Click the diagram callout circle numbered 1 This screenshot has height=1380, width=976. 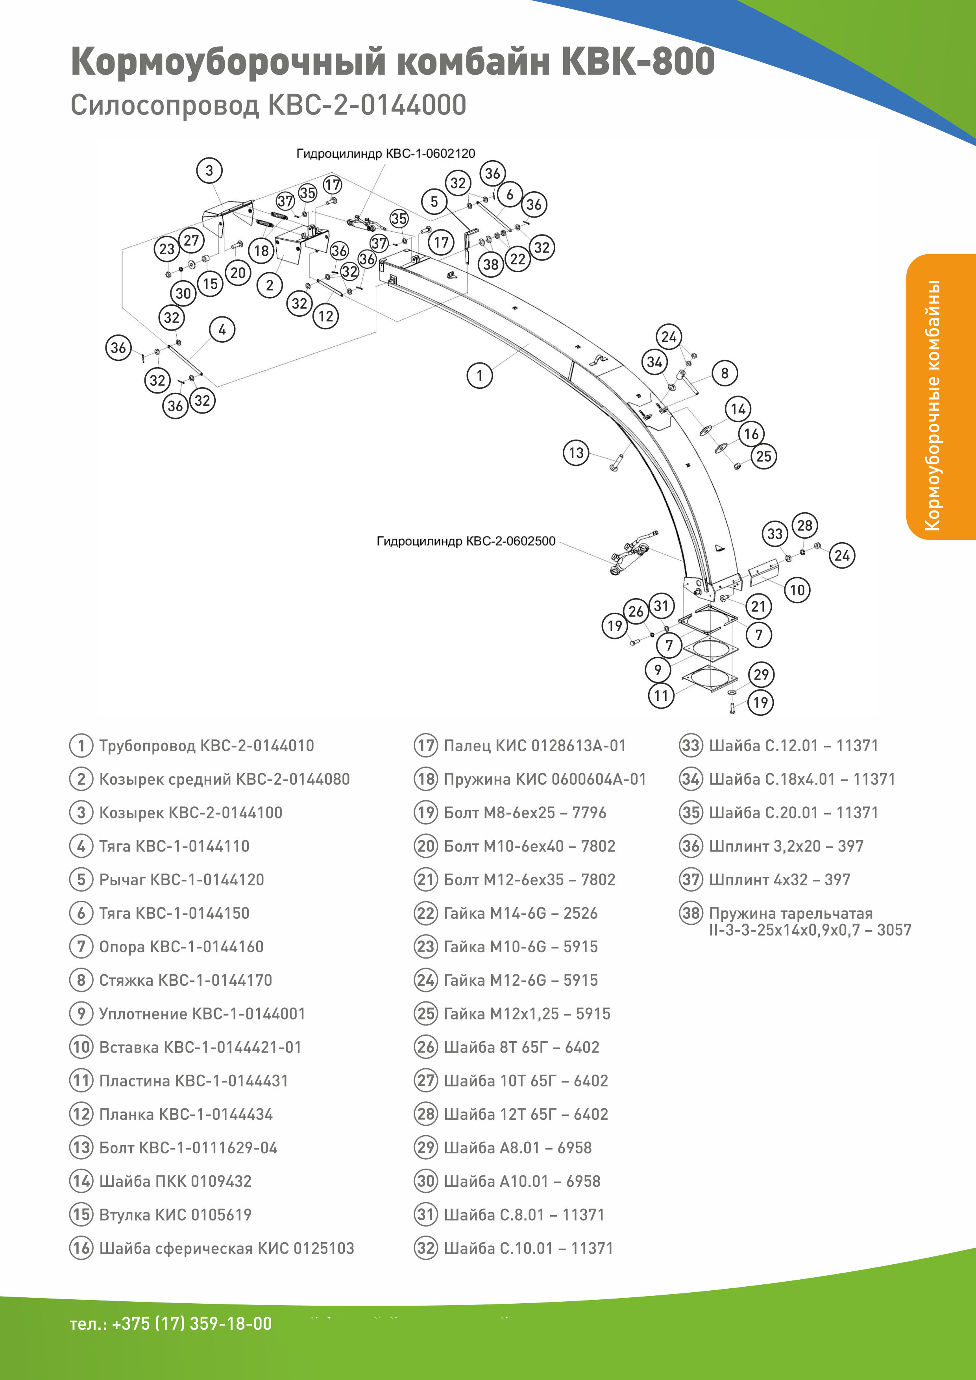click(479, 376)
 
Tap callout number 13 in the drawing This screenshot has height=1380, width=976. click(576, 453)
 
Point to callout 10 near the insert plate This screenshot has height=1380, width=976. click(797, 589)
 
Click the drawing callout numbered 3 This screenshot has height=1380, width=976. click(209, 171)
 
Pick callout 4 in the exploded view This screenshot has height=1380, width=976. click(222, 329)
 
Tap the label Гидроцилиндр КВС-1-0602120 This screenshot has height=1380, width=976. click(385, 154)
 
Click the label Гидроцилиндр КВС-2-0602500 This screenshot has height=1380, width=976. click(466, 541)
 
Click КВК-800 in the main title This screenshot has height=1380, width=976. click(637, 62)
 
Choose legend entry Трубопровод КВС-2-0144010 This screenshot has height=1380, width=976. click(206, 746)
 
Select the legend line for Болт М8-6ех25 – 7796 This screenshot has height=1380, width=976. click(525, 813)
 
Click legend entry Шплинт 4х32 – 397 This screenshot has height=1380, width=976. click(780, 880)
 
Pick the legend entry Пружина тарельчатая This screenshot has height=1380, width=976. click(791, 914)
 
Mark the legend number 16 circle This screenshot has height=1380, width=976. click(81, 1248)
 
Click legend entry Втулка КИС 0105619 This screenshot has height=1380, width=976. click(175, 1215)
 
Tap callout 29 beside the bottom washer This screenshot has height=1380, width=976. click(761, 674)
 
